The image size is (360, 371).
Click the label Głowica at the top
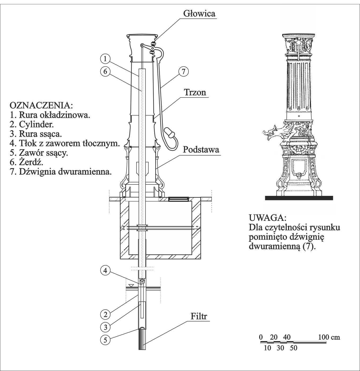pyautogui.click(x=199, y=13)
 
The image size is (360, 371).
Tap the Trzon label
pyautogui.click(x=195, y=92)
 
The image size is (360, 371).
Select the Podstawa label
pyautogui.click(x=201, y=149)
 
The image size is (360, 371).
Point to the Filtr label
pyautogui.click(x=199, y=316)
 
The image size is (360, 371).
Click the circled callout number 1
pyautogui.click(x=105, y=58)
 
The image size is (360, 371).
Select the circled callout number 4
pyautogui.click(x=105, y=271)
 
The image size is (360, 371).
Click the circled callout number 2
pyautogui.click(x=105, y=314)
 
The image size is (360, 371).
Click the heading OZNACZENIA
pyautogui.click(x=41, y=105)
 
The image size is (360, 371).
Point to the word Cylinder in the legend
pyautogui.click(x=36, y=124)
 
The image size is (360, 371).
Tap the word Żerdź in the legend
pyautogui.click(x=31, y=162)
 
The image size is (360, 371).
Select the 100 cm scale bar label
pyautogui.click(x=329, y=337)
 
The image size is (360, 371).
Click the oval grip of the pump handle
pyautogui.click(x=170, y=133)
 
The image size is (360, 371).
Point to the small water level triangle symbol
pyautogui.click(x=131, y=285)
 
